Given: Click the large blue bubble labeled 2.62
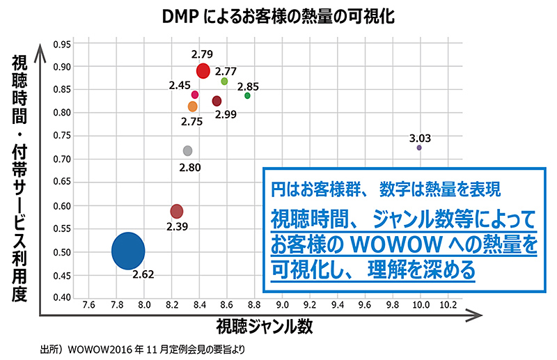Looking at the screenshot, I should tap(128, 251).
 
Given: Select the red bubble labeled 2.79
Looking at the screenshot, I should tap(203, 70).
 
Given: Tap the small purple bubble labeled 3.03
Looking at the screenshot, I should tap(419, 148).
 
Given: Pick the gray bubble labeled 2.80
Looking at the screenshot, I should tap(187, 150).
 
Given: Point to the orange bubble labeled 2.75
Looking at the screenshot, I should tap(193, 107).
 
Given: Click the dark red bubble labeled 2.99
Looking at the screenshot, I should tap(217, 102).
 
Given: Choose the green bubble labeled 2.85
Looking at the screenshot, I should tap(247, 95).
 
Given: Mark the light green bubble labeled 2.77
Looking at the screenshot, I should tap(224, 81).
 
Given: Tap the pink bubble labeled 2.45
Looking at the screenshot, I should tap(195, 95).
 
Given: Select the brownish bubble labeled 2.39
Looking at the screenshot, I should tap(177, 211).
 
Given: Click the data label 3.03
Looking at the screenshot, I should tap(420, 138).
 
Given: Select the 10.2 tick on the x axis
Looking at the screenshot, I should tap(448, 304).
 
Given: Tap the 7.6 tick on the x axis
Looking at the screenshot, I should tap(88, 304).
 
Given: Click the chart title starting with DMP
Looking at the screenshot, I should tap(278, 15).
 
